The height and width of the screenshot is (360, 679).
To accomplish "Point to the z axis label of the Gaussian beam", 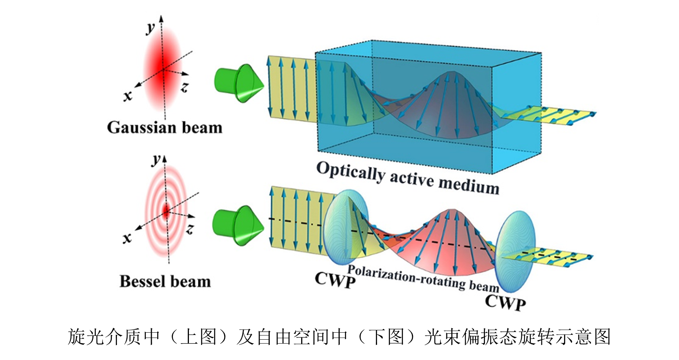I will (185, 88).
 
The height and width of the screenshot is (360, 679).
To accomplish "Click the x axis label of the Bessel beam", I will (127, 238).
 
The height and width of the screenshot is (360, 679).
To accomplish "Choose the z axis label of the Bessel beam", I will (190, 229).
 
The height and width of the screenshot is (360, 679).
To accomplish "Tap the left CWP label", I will (335, 280).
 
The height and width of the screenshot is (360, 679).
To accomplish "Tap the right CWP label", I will (505, 303).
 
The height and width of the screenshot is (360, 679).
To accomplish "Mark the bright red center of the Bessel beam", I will (167, 212).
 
